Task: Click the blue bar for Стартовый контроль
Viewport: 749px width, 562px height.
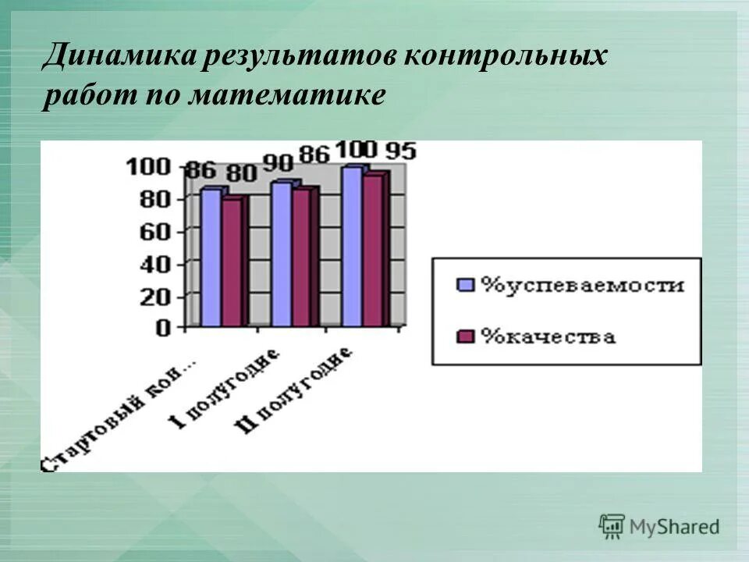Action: [x=211, y=258]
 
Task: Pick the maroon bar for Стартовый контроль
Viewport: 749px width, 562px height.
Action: [x=232, y=262]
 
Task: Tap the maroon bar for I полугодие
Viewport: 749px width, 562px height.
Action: [x=301, y=258]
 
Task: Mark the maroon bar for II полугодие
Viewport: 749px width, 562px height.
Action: [x=373, y=251]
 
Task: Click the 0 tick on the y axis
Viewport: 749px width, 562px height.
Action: [x=162, y=329]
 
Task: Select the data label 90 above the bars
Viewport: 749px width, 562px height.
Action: [x=278, y=163]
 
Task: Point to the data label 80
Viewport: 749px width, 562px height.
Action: [x=241, y=173]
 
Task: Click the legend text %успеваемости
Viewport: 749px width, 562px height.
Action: [x=582, y=285]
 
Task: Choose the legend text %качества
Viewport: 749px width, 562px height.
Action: [x=548, y=336]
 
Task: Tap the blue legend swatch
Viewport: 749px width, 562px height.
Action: [x=466, y=285]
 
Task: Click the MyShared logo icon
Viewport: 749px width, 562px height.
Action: [x=612, y=526]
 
